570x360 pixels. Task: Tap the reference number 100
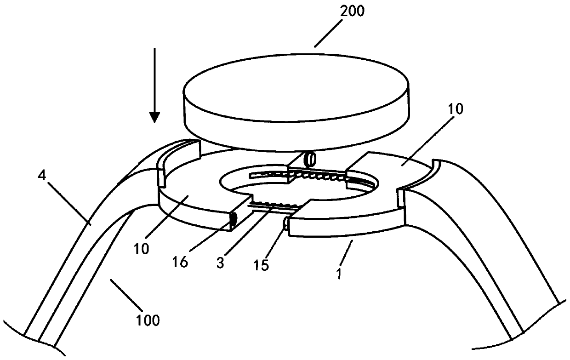tap(148, 320)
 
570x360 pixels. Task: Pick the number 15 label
tap(261, 266)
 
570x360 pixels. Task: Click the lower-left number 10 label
tap(142, 249)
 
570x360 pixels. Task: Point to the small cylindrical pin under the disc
tap(310, 160)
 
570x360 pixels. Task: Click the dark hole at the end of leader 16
tap(233, 220)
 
